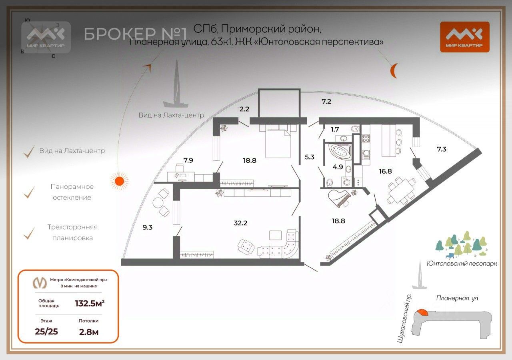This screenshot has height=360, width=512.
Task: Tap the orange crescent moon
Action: point(394,71)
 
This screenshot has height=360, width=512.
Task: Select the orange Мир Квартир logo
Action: point(464,36)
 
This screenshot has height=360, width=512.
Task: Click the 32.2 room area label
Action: point(240,223)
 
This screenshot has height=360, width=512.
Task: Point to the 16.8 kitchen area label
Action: point(385,171)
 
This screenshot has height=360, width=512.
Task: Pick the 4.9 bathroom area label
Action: point(338,167)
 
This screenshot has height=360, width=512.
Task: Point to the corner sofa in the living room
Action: point(280,246)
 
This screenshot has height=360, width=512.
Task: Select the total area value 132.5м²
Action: point(90,303)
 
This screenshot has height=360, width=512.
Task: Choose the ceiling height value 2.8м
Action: point(88,331)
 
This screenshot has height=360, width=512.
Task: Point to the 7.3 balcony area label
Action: point(442,149)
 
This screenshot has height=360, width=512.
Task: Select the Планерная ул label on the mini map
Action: point(457,298)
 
